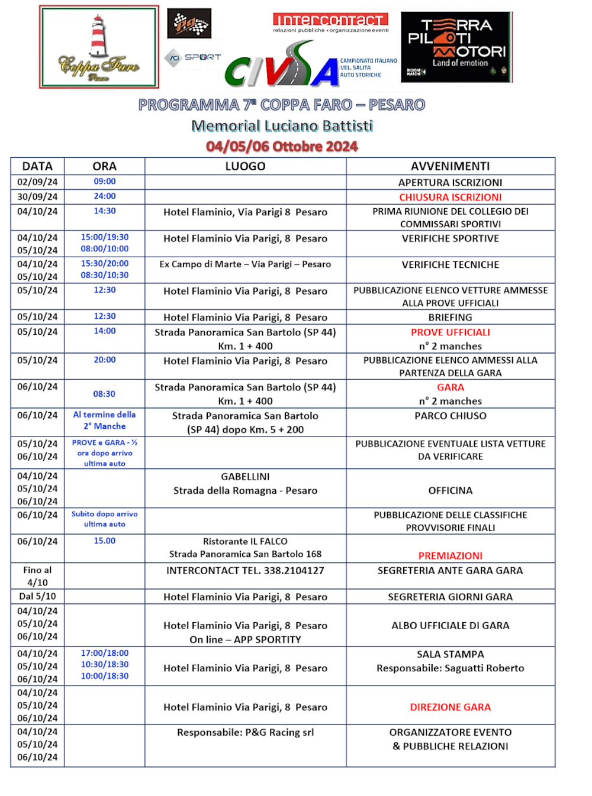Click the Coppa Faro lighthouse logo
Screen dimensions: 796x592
pos(99,47)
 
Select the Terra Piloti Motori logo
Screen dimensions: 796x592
pos(456,46)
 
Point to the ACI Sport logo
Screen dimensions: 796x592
pos(193,57)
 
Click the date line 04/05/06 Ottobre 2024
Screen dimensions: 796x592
pos(282,146)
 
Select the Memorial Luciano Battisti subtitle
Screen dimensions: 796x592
pos(282,126)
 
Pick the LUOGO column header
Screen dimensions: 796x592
pos(245,166)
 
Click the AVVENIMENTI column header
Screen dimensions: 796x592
pos(450,166)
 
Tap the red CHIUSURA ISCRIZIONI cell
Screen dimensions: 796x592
pos(450,197)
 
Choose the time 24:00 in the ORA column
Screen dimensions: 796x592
pos(105,196)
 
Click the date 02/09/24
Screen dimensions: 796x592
pos(37,182)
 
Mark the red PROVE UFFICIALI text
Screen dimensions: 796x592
pos(450,332)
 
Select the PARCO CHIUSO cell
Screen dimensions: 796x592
pos(450,416)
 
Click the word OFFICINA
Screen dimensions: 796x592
pos(450,490)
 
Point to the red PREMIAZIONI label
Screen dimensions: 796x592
pos(450,555)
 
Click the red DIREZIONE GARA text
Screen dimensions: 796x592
pos(450,707)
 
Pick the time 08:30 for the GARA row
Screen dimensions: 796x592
pos(104,394)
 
